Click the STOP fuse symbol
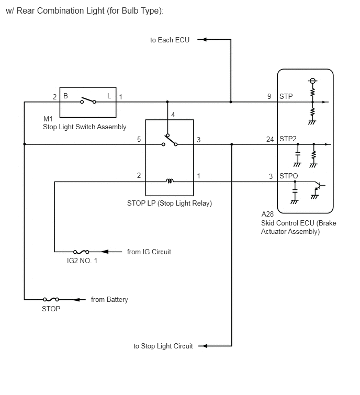[x=51, y=299]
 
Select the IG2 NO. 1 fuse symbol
[x=81, y=252]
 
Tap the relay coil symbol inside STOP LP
[x=170, y=180]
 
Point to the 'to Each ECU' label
[x=170, y=40]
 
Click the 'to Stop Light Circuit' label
[x=163, y=346]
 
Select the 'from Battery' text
[x=109, y=300]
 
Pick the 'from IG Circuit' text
[x=149, y=252]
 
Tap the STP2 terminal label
[x=288, y=139]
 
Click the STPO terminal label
[x=288, y=176]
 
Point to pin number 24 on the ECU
[x=270, y=139]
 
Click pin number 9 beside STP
[x=269, y=96]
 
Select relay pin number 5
[x=139, y=139]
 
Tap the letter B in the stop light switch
[x=65, y=96]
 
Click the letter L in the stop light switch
[x=109, y=96]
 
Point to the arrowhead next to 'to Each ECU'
[x=204, y=39]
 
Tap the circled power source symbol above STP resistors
[x=312, y=81]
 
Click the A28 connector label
[x=267, y=214]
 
